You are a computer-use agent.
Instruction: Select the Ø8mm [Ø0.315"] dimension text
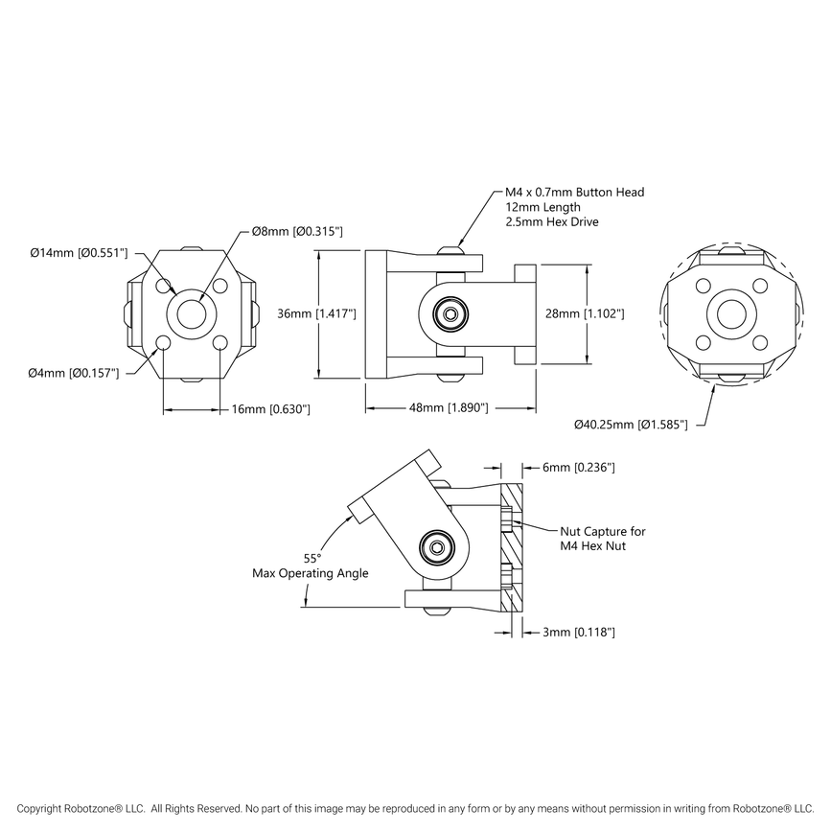click(x=297, y=232)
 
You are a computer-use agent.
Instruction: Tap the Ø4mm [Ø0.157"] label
click(x=74, y=372)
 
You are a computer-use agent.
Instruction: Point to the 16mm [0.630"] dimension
click(x=271, y=409)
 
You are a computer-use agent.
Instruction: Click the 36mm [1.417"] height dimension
click(x=317, y=313)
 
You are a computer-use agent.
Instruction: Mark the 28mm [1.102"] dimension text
click(x=586, y=313)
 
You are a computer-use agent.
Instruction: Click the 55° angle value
click(x=312, y=558)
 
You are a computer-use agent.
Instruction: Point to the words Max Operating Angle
click(x=310, y=573)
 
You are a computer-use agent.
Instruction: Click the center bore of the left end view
click(x=192, y=313)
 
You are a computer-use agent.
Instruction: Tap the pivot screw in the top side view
click(x=449, y=313)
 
